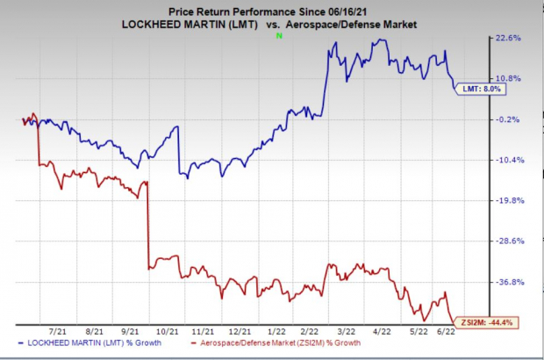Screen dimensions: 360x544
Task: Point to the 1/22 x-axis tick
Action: click(x=276, y=331)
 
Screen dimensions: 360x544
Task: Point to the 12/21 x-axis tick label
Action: click(x=240, y=331)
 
